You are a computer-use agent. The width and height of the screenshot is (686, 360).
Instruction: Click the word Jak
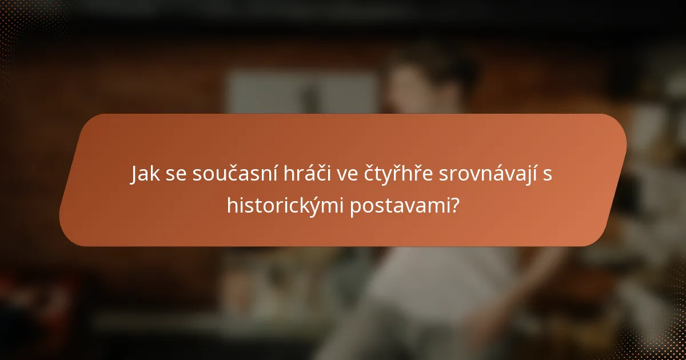coord(146,174)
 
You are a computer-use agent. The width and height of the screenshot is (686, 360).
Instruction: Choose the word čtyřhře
coord(398,174)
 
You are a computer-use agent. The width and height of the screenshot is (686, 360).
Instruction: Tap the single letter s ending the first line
coord(548,175)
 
